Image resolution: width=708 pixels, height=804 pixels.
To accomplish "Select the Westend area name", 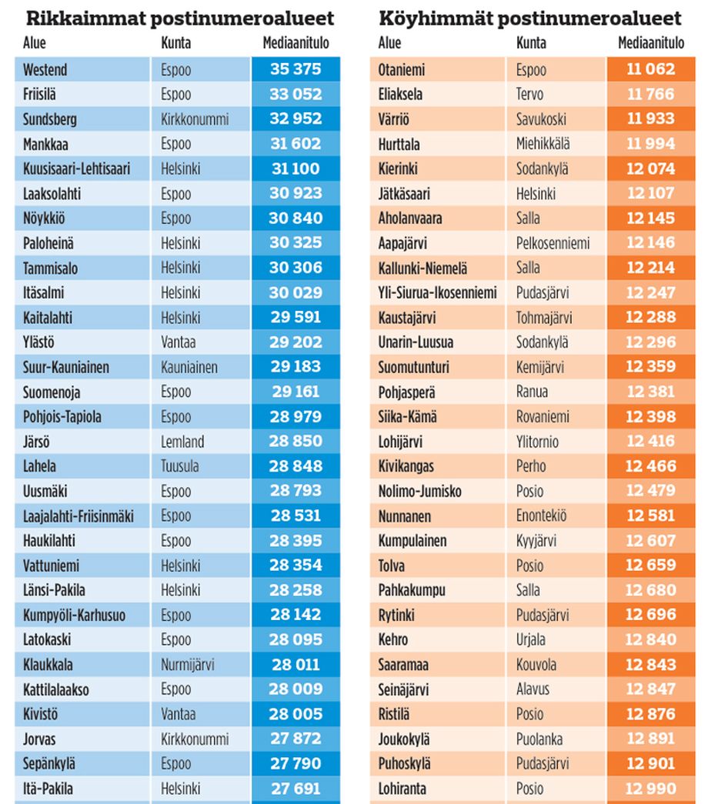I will pyautogui.click(x=45, y=69).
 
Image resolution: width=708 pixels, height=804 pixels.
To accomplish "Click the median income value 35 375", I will pyautogui.click(x=296, y=69).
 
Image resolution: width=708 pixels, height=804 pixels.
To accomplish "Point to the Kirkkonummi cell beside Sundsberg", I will pyautogui.click(x=195, y=119).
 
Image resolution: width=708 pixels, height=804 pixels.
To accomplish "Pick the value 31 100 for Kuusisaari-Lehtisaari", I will pyautogui.click(x=296, y=168).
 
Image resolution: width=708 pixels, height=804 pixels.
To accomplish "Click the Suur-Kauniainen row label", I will pyautogui.click(x=66, y=367).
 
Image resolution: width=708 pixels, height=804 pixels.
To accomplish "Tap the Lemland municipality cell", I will pyautogui.click(x=182, y=442).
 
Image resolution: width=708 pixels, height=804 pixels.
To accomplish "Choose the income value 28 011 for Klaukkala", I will pyautogui.click(x=296, y=665).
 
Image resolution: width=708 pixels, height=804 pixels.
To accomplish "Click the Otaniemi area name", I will pyautogui.click(x=402, y=69).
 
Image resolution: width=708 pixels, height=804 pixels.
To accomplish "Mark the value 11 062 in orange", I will pyautogui.click(x=650, y=69).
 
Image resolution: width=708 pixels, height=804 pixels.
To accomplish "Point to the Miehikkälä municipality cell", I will pyautogui.click(x=548, y=144).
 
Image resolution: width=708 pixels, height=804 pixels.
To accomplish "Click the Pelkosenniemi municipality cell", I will pyautogui.click(x=553, y=243).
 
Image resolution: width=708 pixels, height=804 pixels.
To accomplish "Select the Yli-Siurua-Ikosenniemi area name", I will pyautogui.click(x=437, y=292).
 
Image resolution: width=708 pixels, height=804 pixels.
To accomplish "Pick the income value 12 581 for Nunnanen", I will pyautogui.click(x=650, y=515).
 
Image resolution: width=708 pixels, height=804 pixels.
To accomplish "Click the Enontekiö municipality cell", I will pyautogui.click(x=541, y=515).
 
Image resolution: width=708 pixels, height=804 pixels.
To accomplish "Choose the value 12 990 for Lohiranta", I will pyautogui.click(x=650, y=789).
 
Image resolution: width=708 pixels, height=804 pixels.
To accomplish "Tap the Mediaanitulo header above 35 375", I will pyautogui.click(x=296, y=44).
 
